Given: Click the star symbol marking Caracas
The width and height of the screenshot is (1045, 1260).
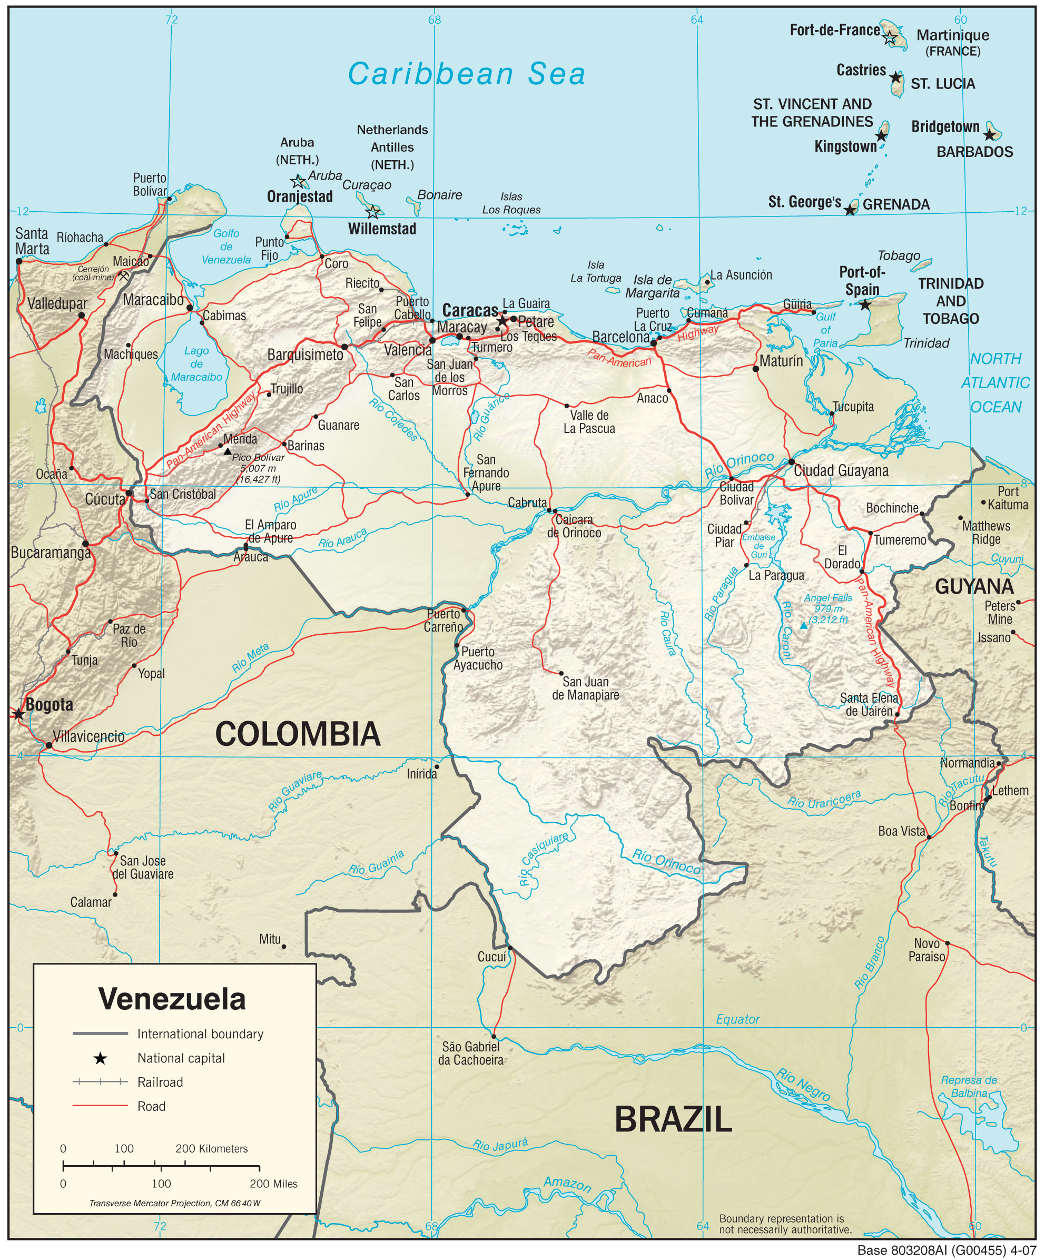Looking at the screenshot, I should pos(501,321).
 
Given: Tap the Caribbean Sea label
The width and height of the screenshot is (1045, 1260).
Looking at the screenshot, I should pos(466,74).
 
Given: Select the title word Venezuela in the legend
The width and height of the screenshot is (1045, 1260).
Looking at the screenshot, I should pos(172,999).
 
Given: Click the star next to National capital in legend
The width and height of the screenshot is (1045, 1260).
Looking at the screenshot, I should pos(100,1058).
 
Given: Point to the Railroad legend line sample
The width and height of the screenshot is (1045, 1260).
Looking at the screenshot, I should pos(100,1082).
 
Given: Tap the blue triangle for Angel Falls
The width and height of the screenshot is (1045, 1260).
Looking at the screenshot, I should pos(803,625).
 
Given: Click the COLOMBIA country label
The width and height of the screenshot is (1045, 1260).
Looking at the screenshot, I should pos(298,734).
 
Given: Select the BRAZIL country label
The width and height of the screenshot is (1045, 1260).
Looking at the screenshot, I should pos(673,1119).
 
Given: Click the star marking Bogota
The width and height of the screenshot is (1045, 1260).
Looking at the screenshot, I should pos(18,714).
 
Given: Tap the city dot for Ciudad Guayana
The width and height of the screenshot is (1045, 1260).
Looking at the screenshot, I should pos(791,462).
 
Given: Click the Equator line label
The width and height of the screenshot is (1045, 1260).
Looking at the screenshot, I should pos(737,1019).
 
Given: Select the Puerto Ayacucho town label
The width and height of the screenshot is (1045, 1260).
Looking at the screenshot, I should pos(478,658).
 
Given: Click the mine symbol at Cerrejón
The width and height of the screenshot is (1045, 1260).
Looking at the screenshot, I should pos(124,276).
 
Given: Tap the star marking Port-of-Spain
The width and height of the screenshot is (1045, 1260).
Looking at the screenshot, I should pos(864,305).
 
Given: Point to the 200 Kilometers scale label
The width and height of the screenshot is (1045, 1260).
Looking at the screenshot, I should pos(211,1148).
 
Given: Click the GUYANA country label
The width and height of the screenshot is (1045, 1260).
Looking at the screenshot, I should pos(974,586).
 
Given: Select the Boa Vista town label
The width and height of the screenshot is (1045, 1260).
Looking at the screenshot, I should pos(902,831).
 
